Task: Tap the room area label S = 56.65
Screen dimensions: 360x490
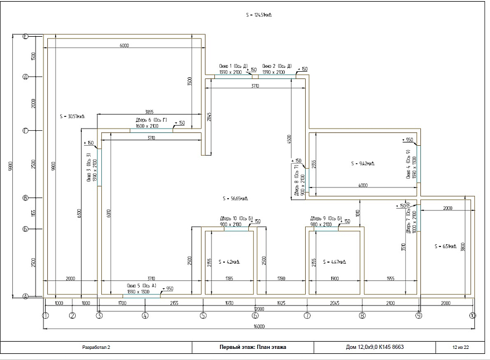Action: pos(234,198)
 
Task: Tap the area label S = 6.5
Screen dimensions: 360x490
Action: pos(446,245)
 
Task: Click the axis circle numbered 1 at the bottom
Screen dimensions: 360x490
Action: pos(46,315)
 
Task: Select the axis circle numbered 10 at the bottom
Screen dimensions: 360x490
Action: pos(473,315)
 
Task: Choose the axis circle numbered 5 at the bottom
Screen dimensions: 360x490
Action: pos(203,315)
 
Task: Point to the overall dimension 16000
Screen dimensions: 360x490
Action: pos(258,326)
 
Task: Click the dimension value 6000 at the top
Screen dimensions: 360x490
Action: pos(124,46)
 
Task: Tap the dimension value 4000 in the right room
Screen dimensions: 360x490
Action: pos(363,185)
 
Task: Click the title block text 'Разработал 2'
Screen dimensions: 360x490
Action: pos(96,347)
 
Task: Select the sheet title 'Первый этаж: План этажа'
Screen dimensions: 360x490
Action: pos(254,347)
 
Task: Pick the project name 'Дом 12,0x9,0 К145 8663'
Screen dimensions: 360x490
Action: pos(375,347)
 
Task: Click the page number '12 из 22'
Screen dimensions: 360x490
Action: pos(460,347)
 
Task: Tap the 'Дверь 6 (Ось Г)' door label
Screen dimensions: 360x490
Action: pos(151,120)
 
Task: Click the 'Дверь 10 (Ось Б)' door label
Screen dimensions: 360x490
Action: pos(237,218)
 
